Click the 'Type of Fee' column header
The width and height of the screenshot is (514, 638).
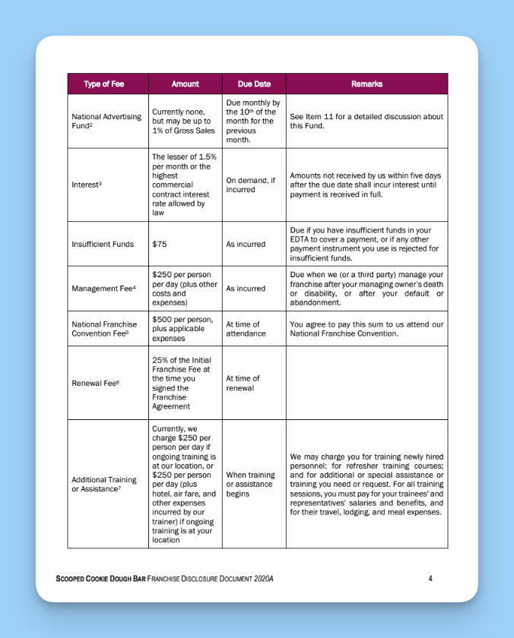pyautogui.click(x=103, y=84)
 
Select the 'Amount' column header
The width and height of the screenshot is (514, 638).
pyautogui.click(x=185, y=84)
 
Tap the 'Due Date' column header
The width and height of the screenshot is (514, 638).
pyautogui.click(x=254, y=84)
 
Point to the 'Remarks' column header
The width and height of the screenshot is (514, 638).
pyautogui.click(x=366, y=84)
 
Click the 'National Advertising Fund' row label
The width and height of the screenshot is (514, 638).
pyautogui.click(x=106, y=121)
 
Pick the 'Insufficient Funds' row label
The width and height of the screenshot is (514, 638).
pyautogui.click(x=102, y=245)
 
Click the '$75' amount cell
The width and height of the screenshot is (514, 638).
pyautogui.click(x=160, y=245)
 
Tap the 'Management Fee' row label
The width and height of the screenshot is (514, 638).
pyautogui.click(x=103, y=289)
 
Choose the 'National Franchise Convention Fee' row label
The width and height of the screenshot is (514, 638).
pyautogui.click(x=104, y=329)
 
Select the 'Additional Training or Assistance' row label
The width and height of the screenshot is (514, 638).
pyautogui.click(x=104, y=484)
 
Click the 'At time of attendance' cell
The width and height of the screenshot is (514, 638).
pyautogui.click(x=246, y=329)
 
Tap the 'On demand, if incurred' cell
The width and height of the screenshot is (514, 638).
pyautogui.click(x=250, y=185)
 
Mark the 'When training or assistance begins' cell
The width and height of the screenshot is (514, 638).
pyautogui.click(x=250, y=484)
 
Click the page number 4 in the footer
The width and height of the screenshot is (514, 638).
pyautogui.click(x=430, y=579)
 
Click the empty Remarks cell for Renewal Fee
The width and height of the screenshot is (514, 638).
pyautogui.click(x=366, y=383)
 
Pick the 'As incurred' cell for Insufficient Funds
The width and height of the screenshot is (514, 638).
pyautogui.click(x=246, y=245)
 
